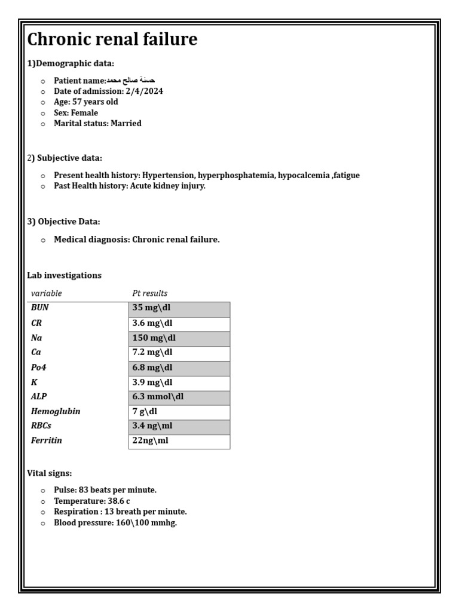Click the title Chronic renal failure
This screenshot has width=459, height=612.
pyautogui.click(x=112, y=40)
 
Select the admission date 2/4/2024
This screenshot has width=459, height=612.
pyautogui.click(x=145, y=91)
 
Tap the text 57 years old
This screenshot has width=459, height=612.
pyautogui.click(x=95, y=102)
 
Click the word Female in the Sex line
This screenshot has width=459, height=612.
pyautogui.click(x=84, y=113)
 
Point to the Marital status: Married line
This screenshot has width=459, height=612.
pyautogui.click(x=97, y=124)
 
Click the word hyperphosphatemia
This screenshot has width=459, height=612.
pyautogui.click(x=237, y=176)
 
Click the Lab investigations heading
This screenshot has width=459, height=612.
pyautogui.click(x=65, y=276)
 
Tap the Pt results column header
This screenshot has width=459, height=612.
pyautogui.click(x=149, y=293)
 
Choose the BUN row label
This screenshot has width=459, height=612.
pyautogui.click(x=39, y=308)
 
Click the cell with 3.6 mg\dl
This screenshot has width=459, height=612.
pyautogui.click(x=152, y=323)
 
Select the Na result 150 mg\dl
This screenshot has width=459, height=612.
pyautogui.click(x=154, y=338)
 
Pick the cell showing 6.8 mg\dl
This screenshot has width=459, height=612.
pyautogui.click(x=152, y=368)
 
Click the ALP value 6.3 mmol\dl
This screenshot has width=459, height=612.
pyautogui.click(x=158, y=397)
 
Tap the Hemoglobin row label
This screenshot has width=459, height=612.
pyautogui.click(x=56, y=412)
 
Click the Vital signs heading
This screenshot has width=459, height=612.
pyautogui.click(x=50, y=473)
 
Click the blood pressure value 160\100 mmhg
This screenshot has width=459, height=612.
pyautogui.click(x=146, y=523)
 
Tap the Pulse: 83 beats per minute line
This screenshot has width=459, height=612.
pyautogui.click(x=105, y=490)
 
